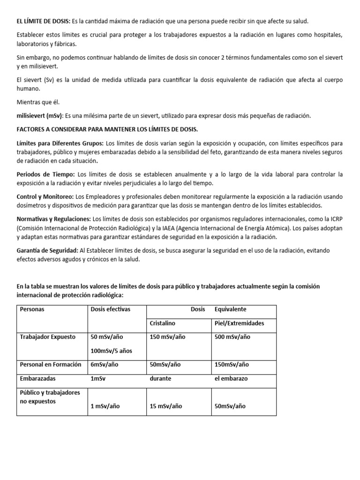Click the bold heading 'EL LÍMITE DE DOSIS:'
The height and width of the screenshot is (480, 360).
(x=43, y=22)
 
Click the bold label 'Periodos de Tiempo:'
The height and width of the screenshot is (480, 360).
(x=45, y=174)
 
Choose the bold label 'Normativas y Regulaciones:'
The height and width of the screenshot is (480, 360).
(x=54, y=218)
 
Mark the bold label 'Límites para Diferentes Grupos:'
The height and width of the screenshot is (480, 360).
(x=60, y=142)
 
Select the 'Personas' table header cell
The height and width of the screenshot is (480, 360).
(x=32, y=309)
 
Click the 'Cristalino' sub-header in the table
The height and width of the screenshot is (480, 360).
(x=162, y=323)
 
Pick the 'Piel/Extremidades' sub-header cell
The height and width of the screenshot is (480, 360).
(x=239, y=323)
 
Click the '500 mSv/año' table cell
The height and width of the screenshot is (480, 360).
(x=232, y=337)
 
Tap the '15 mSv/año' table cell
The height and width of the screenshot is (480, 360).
(x=166, y=406)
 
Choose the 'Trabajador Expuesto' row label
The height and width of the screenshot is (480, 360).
(x=47, y=337)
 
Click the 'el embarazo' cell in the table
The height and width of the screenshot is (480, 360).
(x=231, y=378)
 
